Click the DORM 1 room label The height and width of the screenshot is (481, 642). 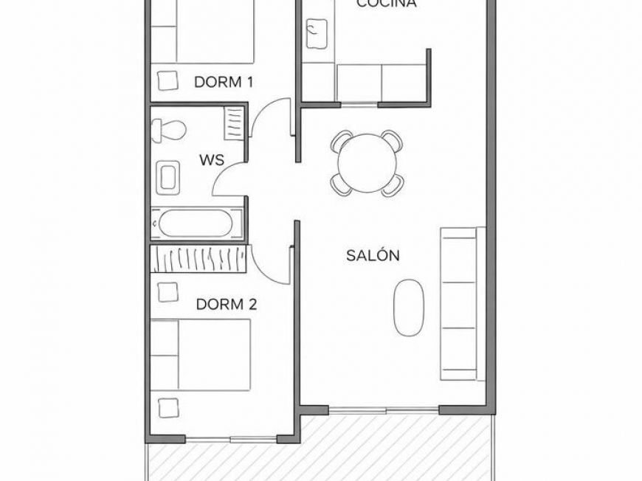click(224, 82)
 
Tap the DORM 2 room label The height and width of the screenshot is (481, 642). click(226, 303)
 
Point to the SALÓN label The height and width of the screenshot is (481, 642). click(373, 255)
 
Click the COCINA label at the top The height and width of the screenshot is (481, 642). click(386, 4)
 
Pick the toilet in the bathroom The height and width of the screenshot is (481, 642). click(168, 131)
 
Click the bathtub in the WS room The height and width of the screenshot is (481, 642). click(195, 224)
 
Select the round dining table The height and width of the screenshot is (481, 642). click(367, 162)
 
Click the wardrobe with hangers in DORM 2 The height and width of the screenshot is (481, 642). click(199, 258)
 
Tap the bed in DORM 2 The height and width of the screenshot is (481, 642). click(201, 354)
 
